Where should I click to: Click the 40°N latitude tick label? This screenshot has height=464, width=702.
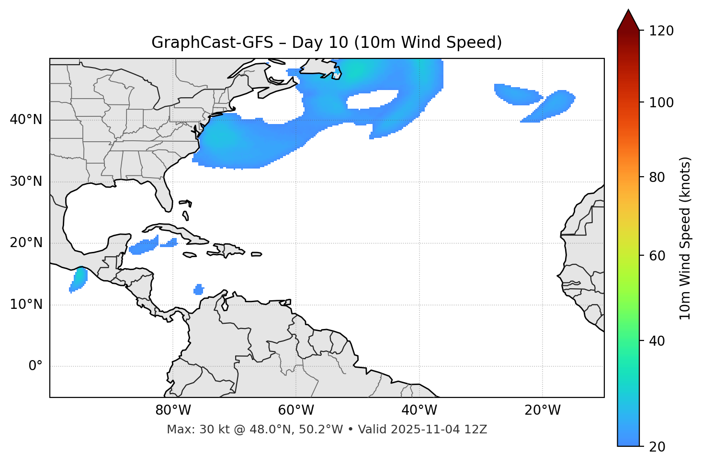[x=26, y=120]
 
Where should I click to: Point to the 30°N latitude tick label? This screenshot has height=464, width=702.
[x=26, y=181]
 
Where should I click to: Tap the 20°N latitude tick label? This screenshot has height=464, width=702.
[x=26, y=243]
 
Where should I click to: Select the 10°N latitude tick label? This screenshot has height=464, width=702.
[x=26, y=305]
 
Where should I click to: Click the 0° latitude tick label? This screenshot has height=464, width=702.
[x=35, y=366]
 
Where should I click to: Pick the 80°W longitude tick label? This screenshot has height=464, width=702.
[x=173, y=410]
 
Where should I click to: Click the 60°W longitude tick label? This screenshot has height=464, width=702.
[x=296, y=410]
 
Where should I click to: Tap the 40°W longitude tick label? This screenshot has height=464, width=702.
[x=419, y=410]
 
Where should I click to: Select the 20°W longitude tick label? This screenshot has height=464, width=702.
[x=542, y=410]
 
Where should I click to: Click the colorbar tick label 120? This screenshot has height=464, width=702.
[x=661, y=31]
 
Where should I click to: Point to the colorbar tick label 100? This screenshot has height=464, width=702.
[x=661, y=102]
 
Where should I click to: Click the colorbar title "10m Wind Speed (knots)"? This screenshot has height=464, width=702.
[x=685, y=238]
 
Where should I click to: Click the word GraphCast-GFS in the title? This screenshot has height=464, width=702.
[x=212, y=43]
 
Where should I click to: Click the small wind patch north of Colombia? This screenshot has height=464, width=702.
[x=198, y=290]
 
